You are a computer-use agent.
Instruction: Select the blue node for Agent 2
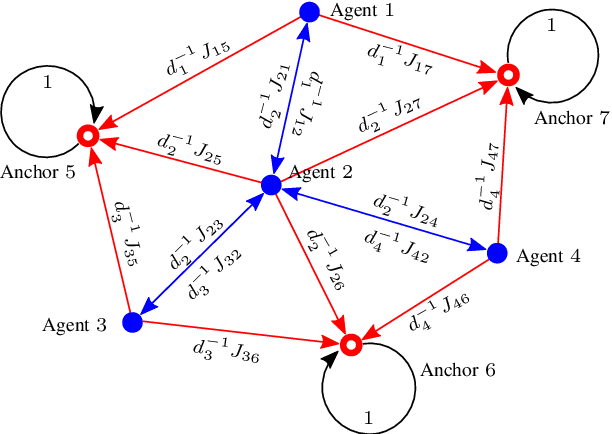click(x=269, y=185)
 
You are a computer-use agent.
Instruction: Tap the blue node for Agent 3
click(x=131, y=322)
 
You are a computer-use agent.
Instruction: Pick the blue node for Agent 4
click(x=497, y=250)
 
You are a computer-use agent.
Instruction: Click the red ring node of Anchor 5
click(x=87, y=135)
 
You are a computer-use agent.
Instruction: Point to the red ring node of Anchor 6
click(x=350, y=345)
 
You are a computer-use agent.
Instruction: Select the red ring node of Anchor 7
click(x=508, y=74)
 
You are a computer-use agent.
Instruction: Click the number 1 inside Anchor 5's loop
click(x=47, y=84)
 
